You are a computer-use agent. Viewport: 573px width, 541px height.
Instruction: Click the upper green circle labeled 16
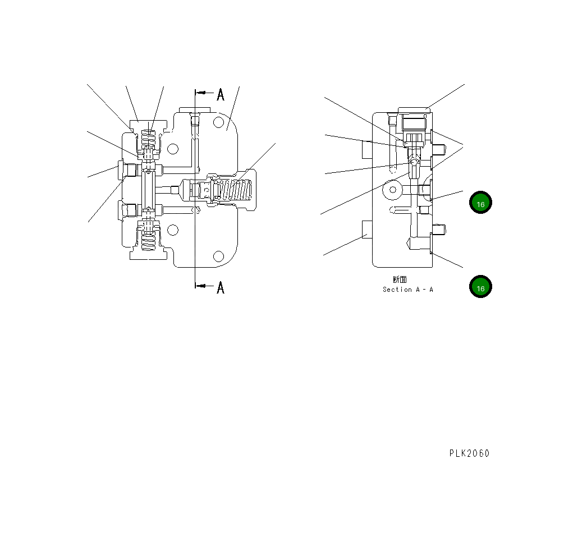click(x=480, y=204)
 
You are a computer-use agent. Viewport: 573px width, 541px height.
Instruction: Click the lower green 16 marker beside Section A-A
click(x=480, y=287)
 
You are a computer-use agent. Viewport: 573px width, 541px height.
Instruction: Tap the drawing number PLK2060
click(x=469, y=453)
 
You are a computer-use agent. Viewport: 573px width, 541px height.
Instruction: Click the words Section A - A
click(x=408, y=290)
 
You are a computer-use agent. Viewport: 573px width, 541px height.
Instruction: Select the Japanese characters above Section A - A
click(x=400, y=279)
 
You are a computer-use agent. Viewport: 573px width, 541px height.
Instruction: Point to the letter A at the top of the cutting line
click(x=221, y=95)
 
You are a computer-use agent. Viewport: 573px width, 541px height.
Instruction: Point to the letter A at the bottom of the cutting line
click(x=221, y=288)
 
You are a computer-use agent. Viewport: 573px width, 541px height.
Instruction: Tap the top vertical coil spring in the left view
click(x=148, y=139)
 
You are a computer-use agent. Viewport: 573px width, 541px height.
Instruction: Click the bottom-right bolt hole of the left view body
click(x=218, y=256)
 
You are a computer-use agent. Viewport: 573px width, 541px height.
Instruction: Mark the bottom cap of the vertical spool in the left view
click(x=148, y=255)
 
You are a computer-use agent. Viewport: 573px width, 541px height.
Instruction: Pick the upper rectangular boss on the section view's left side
click(x=367, y=149)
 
